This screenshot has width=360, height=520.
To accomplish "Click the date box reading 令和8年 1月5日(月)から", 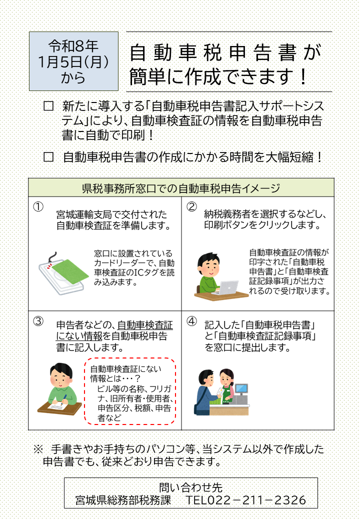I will coord(73,61).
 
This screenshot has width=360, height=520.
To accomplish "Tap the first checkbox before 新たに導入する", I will coord(48,106).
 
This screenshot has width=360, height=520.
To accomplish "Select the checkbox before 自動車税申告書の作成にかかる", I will coord(48,157).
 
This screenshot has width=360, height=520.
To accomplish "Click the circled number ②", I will coord(191,206).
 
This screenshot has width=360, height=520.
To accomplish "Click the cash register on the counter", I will coord(241,392).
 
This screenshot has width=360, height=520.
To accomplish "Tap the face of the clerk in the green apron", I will coord(226,376).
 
